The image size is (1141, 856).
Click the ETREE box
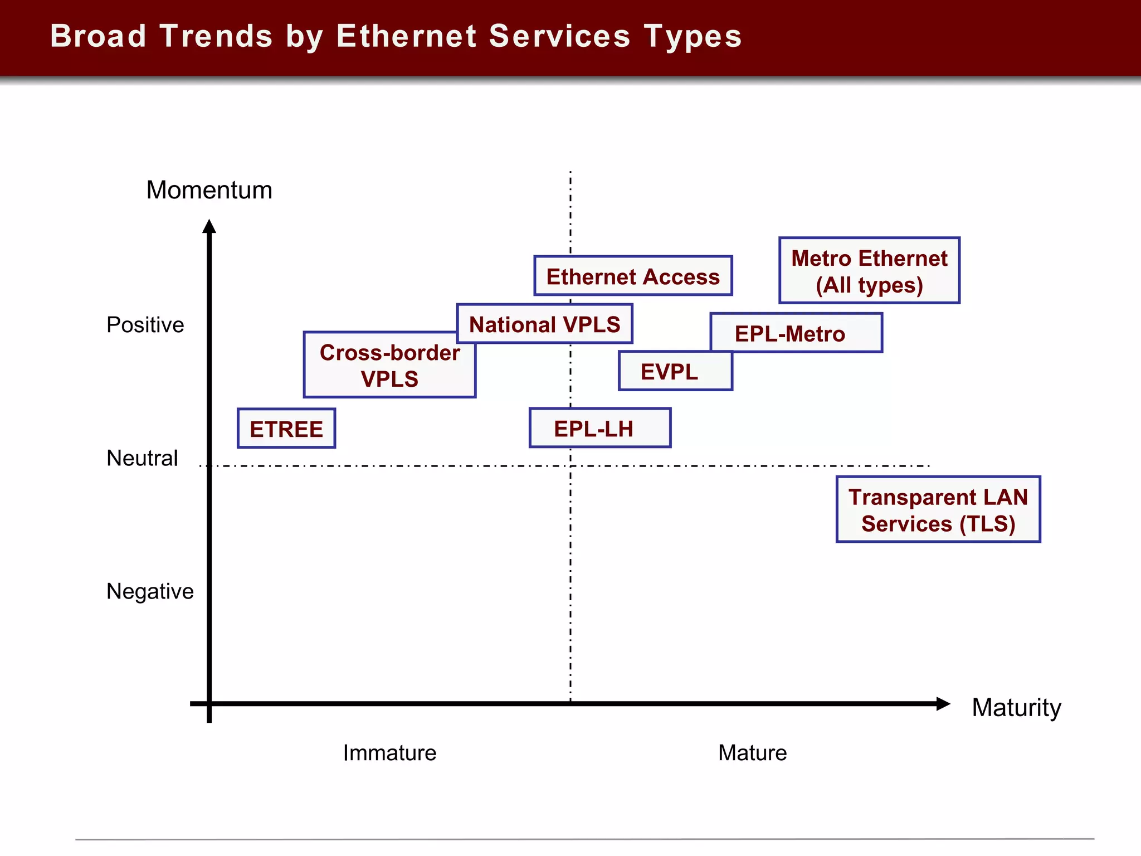click(286, 429)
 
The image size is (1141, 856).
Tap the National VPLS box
click(544, 324)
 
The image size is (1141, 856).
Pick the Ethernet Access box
click(633, 276)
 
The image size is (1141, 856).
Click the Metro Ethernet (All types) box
click(869, 271)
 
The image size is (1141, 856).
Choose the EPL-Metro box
click(797, 333)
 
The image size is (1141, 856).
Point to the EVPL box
click(675, 372)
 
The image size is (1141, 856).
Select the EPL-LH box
click(600, 429)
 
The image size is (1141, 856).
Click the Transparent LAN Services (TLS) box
click(938, 509)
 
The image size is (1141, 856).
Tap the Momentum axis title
click(209, 191)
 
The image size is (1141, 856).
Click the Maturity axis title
click(1016, 708)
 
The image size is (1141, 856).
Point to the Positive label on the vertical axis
click(145, 325)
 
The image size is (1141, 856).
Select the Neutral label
click(142, 458)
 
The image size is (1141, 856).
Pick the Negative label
click(150, 591)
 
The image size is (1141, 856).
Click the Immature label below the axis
click(389, 753)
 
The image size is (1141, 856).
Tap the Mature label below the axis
click(752, 753)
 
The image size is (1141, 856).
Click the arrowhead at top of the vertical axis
click(209, 227)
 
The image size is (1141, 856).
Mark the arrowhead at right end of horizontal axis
click(943, 704)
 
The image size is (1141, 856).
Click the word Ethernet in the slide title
click(406, 36)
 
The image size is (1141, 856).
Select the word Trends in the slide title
click(216, 36)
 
